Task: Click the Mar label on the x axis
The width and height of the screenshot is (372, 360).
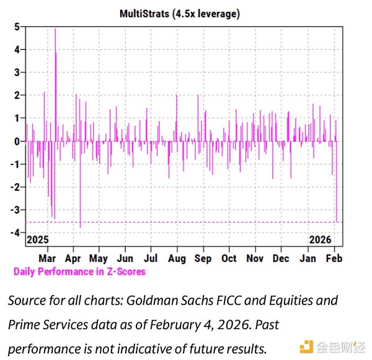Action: point(47,258)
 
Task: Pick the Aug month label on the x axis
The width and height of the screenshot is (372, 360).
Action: point(177,258)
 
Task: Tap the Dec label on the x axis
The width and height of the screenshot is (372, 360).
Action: point(281,258)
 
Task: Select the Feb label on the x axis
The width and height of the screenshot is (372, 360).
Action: point(334,258)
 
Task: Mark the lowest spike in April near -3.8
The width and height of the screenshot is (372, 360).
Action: point(80,227)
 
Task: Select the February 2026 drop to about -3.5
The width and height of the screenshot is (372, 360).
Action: point(337,218)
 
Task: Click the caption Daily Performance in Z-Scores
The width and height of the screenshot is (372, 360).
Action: point(79,271)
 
